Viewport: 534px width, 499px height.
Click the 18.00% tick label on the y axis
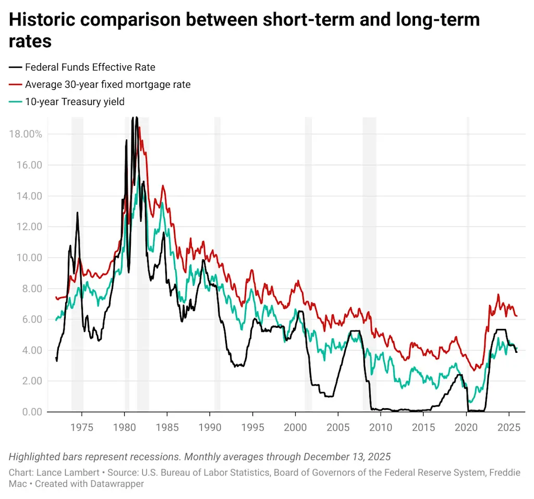(x=26, y=134)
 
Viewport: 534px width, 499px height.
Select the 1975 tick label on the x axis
(x=81, y=427)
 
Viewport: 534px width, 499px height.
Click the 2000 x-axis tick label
(x=295, y=427)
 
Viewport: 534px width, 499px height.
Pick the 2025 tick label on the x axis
(x=508, y=427)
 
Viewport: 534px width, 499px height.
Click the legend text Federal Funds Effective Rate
(x=90, y=67)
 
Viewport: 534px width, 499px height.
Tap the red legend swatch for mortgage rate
(x=16, y=84)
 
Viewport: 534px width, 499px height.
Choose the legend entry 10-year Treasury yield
(x=75, y=101)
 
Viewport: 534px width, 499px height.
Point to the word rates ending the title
(x=30, y=41)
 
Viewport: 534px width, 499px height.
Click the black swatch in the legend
(x=16, y=67)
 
